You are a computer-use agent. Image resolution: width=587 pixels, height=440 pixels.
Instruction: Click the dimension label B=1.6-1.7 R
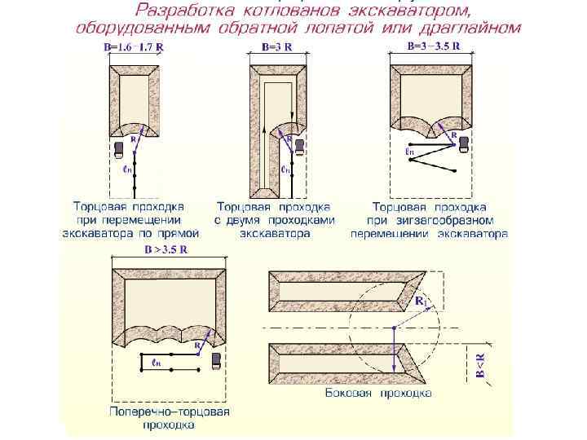[134, 47]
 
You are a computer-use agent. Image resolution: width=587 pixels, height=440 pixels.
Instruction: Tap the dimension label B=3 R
[276, 47]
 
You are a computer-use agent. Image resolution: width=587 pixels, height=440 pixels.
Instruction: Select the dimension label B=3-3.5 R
[433, 46]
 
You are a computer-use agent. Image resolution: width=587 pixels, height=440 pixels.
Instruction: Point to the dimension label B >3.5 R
[166, 250]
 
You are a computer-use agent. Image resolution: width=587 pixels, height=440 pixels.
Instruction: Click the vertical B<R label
[480, 365]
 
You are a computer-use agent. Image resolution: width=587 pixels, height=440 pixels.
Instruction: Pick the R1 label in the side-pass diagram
[421, 301]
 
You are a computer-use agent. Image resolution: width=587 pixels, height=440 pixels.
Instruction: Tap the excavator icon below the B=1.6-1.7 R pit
[119, 148]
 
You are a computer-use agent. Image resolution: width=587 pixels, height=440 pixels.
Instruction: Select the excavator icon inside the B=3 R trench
[298, 147]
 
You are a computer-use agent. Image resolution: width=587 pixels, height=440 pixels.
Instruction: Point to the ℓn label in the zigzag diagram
[409, 152]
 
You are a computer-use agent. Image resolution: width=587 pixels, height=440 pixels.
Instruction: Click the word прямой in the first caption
[180, 233]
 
